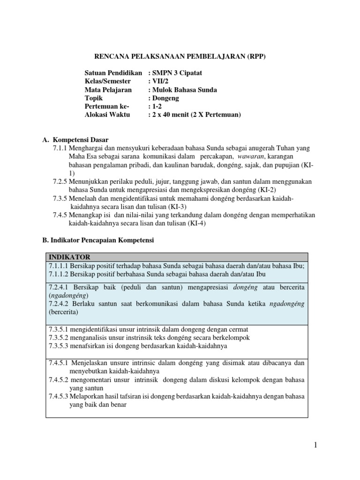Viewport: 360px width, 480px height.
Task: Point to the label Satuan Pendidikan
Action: coord(113,73)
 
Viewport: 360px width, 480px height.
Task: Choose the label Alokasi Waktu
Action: coord(108,115)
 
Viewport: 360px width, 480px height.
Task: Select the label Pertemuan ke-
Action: coord(106,106)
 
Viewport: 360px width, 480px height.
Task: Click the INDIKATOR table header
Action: coord(69,257)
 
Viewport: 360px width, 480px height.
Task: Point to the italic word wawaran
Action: coord(249,156)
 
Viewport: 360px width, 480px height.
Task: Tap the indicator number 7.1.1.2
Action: coord(59,274)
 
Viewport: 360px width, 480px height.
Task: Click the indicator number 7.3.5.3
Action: coord(59,346)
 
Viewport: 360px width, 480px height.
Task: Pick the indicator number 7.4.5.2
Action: coord(59,380)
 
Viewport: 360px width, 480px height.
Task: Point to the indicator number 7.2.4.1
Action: coord(59,287)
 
